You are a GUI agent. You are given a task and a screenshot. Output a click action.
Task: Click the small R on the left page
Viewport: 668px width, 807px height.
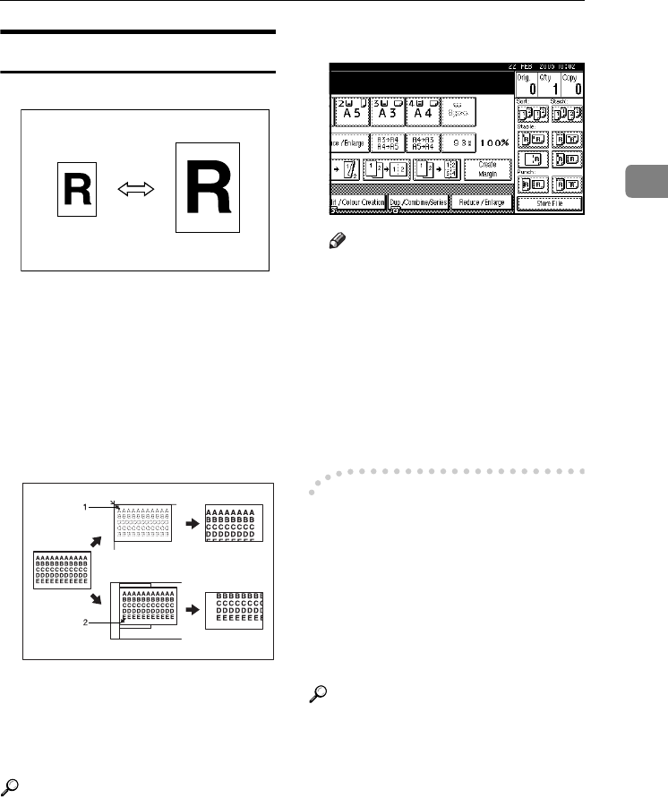75,188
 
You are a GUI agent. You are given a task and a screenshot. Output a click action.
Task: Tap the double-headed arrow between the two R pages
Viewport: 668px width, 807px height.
135,189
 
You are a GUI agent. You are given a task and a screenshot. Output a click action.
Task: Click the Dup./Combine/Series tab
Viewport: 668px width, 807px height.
418,227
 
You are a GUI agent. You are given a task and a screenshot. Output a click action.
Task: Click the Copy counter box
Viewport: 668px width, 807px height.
571,85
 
